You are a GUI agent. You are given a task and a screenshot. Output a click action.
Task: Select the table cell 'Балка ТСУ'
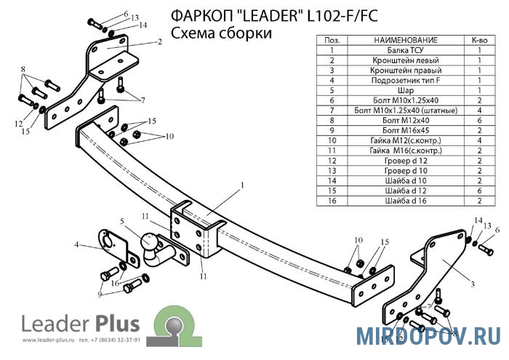tap(405, 50)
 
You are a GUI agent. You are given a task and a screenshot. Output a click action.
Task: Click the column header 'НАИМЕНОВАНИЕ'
tap(405, 39)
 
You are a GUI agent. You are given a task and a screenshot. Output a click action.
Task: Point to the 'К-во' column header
tap(479, 39)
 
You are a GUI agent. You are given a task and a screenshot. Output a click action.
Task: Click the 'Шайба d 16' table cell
tap(405, 199)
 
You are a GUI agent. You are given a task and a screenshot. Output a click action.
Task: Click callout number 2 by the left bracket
tap(159, 42)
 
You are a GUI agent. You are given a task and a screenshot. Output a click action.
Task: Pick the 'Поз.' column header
tap(331, 39)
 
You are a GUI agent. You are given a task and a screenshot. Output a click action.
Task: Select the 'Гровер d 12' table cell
tap(405, 159)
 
